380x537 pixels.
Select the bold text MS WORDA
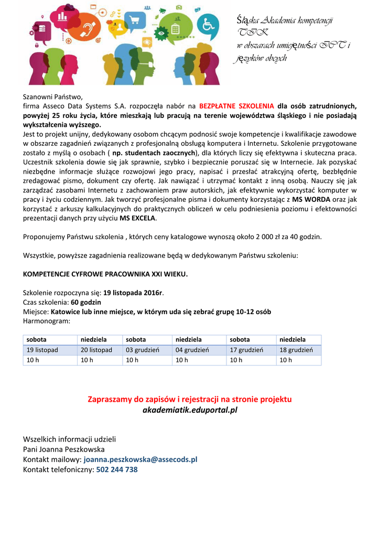pyautogui.click(x=311, y=199)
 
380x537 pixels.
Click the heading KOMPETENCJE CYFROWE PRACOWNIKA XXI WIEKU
pyautogui.click(x=105, y=274)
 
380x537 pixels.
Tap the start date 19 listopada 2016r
pyautogui.click(x=133, y=293)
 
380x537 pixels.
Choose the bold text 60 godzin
pyautogui.click(x=86, y=302)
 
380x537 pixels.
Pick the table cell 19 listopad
pyautogui.click(x=42, y=350)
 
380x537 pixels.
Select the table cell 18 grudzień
pyautogui.click(x=296, y=350)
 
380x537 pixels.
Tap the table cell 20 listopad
pyautogui.click(x=96, y=350)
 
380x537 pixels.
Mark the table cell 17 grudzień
pyautogui.click(x=247, y=350)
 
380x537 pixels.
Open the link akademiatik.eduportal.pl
pyautogui.click(x=190, y=410)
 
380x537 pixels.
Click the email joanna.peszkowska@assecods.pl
pyautogui.click(x=140, y=459)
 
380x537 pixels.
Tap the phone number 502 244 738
pyautogui.click(x=117, y=469)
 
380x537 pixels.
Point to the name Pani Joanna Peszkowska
pyautogui.click(x=63, y=449)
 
